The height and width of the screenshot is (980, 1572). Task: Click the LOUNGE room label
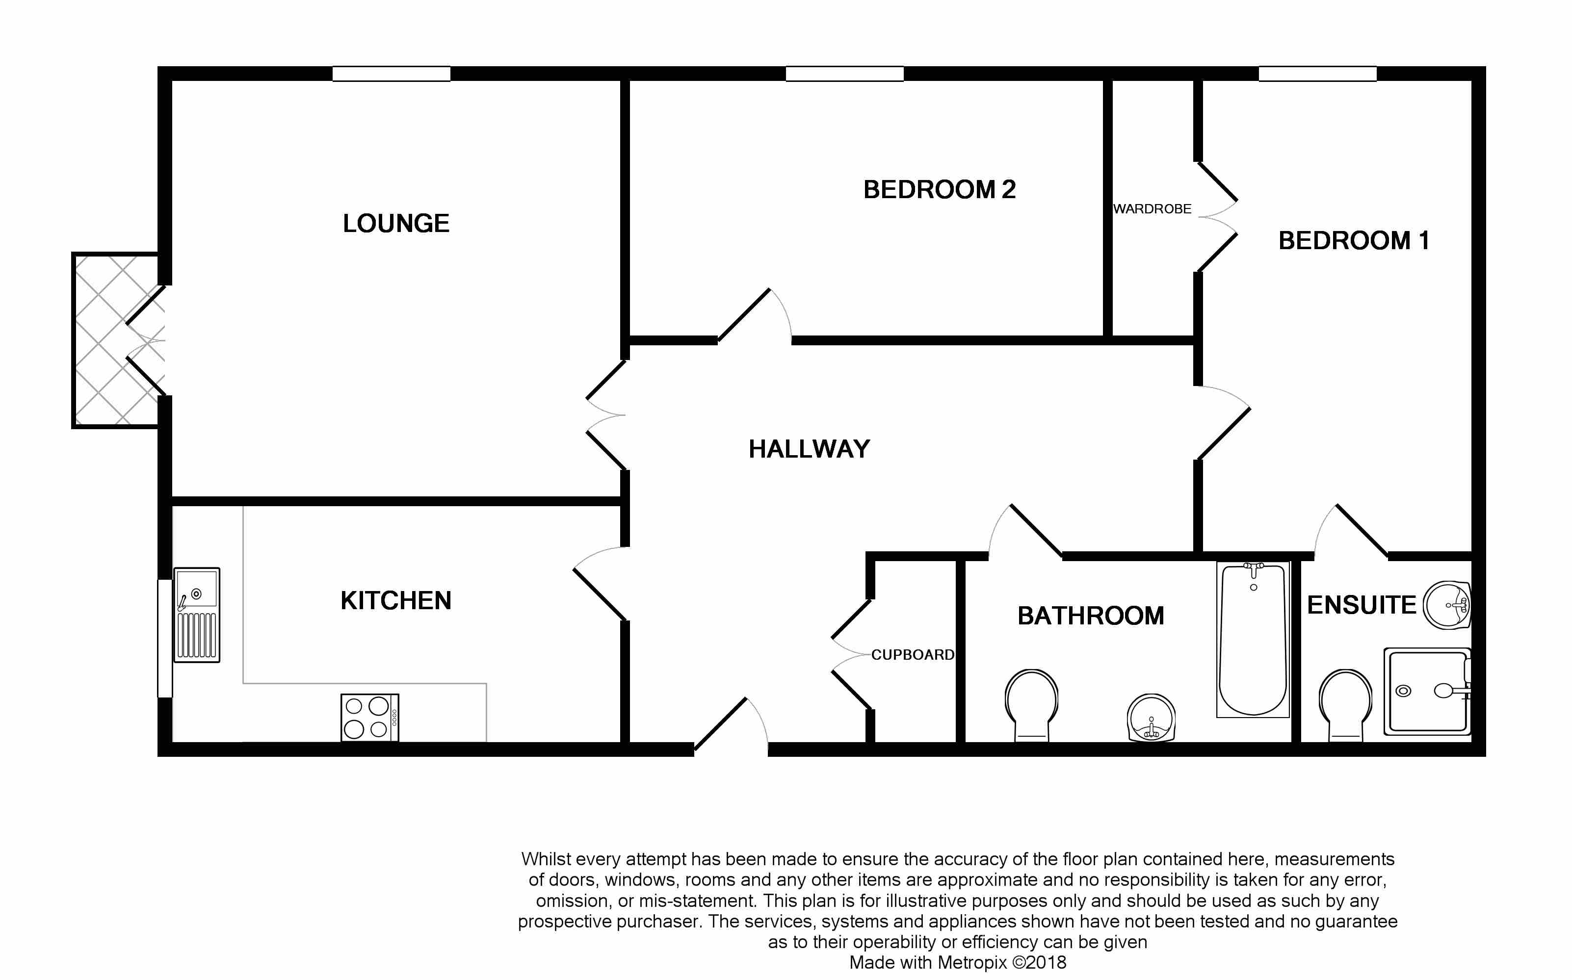(396, 224)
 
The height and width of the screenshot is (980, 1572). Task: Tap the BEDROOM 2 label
(939, 190)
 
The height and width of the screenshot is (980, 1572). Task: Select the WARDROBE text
(1152, 209)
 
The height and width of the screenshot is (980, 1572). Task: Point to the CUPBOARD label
(912, 655)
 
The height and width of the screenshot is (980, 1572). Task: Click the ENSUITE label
(1362, 605)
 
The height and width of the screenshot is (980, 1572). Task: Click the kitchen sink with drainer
(197, 615)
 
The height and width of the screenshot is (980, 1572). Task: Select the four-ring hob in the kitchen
(370, 718)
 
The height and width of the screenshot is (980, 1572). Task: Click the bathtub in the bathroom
(1253, 639)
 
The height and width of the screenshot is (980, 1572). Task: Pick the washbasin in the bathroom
(1152, 718)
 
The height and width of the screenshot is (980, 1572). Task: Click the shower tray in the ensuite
(1427, 691)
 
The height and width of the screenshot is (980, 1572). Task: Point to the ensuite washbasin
(1447, 605)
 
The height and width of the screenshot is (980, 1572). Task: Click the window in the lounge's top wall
(392, 74)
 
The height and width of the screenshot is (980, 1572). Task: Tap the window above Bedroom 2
(845, 74)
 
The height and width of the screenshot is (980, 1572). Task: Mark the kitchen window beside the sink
(165, 639)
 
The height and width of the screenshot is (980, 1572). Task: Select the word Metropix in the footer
(972, 962)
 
